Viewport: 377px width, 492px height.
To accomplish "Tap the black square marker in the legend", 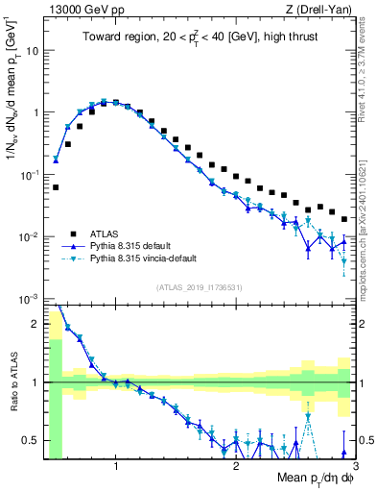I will [73, 233].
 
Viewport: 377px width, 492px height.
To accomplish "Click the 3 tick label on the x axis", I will [355, 465].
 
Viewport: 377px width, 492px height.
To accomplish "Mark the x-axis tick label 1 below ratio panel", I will [116, 465].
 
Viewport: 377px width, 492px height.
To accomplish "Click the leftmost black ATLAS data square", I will [56, 187].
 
